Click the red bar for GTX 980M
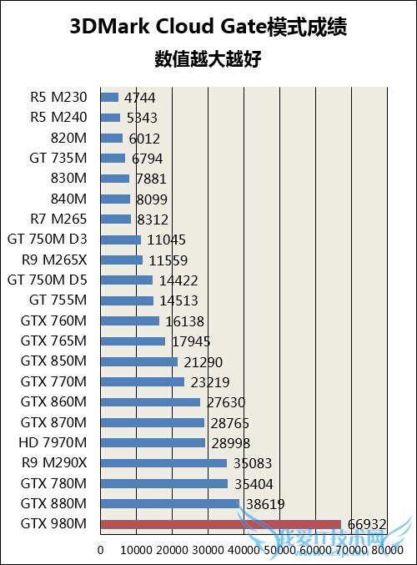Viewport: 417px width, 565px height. [220, 524]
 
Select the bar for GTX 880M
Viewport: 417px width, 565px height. [169, 504]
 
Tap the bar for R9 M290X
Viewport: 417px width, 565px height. [163, 463]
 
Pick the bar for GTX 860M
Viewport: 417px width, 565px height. [150, 402]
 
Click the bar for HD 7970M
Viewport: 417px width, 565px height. [153, 443]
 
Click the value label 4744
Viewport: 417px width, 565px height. [139, 98]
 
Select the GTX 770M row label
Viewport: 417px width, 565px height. [53, 382]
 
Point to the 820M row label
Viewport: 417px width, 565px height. [68, 138]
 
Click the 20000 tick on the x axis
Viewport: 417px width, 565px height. [172, 551]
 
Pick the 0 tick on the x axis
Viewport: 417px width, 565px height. [101, 551]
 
